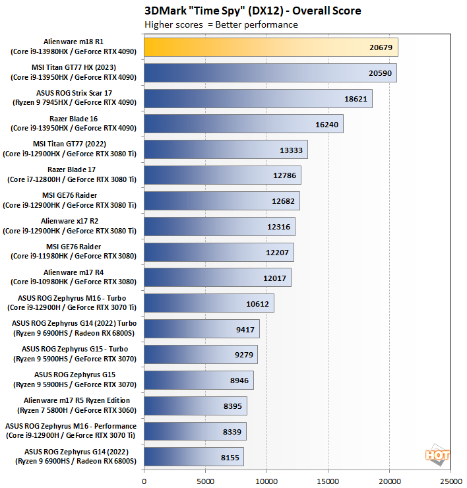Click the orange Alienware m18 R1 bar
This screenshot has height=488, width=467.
coord(270,47)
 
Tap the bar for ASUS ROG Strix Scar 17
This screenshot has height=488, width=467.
coord(257,98)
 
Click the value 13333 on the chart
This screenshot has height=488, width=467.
coord(290,150)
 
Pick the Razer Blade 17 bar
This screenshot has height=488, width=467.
coord(222,175)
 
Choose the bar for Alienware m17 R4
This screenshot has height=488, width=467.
coord(217,277)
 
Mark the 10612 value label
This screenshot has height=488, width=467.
coord(257,303)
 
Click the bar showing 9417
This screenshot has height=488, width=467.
coord(201,328)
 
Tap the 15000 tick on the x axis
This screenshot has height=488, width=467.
coord(328,481)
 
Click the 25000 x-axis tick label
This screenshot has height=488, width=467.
coord(450,481)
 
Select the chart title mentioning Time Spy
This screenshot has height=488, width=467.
coord(253,11)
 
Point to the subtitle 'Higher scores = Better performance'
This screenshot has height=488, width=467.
coord(221,25)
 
